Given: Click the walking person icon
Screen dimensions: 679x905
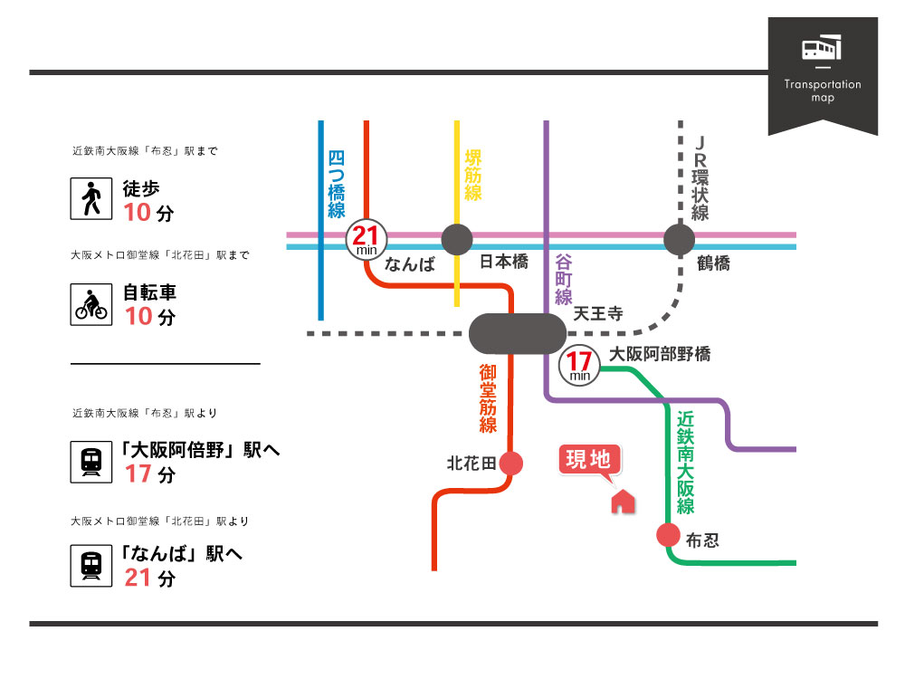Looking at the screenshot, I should tap(90, 198).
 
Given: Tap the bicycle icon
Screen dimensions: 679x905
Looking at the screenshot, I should tap(90, 304).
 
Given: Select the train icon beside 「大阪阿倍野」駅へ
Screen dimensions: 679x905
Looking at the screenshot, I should tap(90, 461).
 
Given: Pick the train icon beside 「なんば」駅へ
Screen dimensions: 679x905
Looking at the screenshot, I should tap(90, 566).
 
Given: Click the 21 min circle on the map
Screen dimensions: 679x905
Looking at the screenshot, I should tap(366, 241).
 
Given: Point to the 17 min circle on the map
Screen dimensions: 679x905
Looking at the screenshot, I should tap(579, 364).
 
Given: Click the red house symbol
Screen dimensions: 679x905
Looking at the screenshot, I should tap(623, 500).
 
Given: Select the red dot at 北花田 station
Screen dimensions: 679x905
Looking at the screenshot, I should tap(511, 463).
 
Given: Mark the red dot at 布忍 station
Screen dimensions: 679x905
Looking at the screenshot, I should tap(668, 535).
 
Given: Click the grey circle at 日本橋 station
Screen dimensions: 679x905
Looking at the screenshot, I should tap(456, 240).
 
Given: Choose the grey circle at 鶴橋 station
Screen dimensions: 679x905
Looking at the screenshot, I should tap(679, 240).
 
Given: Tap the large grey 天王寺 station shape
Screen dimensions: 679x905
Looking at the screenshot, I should tap(518, 333).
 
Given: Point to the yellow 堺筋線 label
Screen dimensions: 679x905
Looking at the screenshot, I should tap(472, 175).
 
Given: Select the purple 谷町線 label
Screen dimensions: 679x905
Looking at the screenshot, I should tap(564, 278).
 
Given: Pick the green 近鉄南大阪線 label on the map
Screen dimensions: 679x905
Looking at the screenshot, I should tap(685, 463).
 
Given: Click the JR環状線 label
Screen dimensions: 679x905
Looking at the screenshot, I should tap(700, 179).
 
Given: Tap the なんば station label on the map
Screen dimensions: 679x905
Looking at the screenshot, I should tap(410, 264).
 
